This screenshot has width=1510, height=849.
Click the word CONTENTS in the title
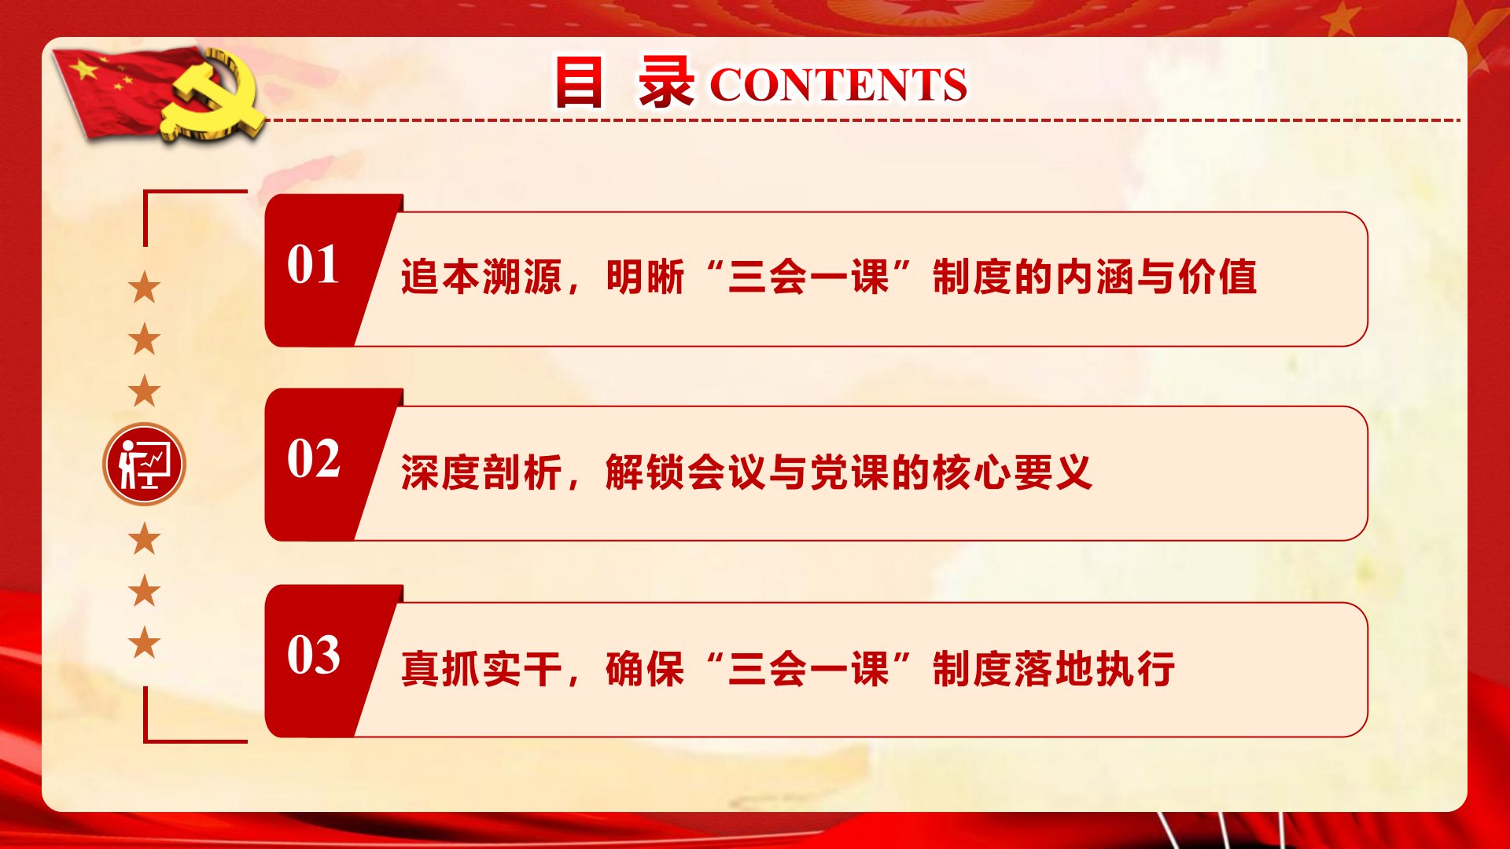point(838,85)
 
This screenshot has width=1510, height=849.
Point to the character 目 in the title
point(579,82)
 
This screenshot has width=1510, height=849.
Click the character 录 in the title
point(665,82)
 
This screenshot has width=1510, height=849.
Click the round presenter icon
point(144,464)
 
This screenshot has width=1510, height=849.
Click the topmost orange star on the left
point(145,288)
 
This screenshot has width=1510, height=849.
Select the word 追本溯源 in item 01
point(481,277)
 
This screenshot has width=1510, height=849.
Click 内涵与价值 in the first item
point(1155,277)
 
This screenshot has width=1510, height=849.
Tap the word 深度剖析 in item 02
point(481,472)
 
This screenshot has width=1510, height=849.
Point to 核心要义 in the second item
point(1013,472)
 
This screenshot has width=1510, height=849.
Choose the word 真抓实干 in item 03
point(481,669)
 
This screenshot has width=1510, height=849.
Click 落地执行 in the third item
point(1095,669)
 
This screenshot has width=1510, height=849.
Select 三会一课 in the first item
point(808,277)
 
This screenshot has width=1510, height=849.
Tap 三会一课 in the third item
point(808,669)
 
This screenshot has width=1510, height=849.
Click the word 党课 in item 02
point(850,472)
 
